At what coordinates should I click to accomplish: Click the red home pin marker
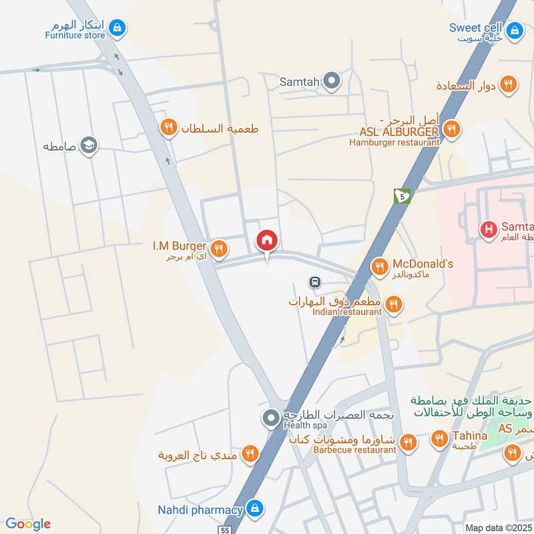267,240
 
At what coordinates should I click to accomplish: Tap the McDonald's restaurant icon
380,267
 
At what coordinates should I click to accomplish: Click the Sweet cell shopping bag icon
514,30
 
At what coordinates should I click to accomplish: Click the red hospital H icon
489,230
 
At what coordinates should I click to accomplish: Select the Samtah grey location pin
332,82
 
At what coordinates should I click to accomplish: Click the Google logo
27,524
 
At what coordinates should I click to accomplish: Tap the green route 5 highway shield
403,196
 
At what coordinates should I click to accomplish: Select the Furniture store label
75,35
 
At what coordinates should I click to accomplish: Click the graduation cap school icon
88,145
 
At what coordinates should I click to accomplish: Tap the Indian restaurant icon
393,305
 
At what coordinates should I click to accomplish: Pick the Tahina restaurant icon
439,439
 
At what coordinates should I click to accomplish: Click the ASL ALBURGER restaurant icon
452,129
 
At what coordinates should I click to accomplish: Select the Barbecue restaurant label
354,450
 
